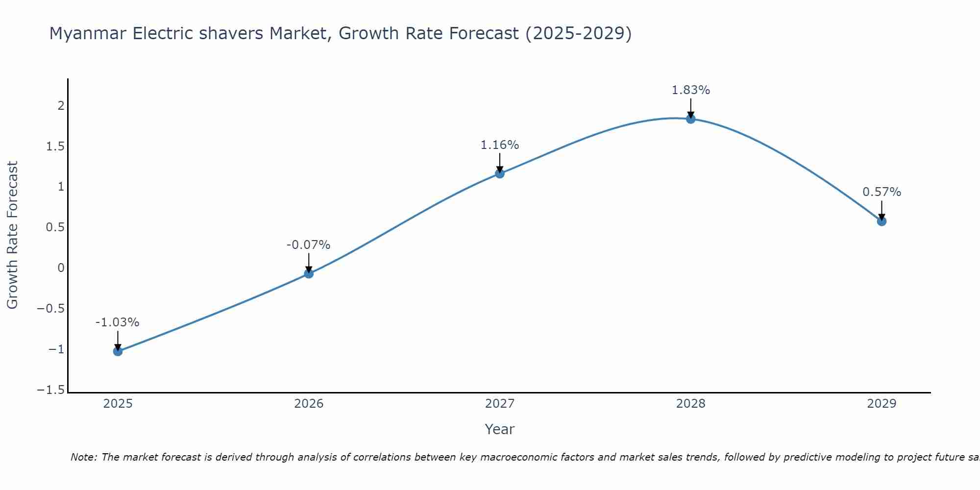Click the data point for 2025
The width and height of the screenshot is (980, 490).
[118, 351]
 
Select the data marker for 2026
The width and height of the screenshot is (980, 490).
[309, 273]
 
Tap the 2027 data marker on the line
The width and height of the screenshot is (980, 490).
[500, 173]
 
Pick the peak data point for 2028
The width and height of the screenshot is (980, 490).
[691, 119]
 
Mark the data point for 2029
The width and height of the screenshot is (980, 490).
[882, 221]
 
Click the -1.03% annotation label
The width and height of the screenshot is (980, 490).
[117, 322]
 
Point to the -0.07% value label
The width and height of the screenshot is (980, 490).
[308, 245]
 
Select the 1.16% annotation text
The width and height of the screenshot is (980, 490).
[499, 145]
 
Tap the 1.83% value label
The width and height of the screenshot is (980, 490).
[690, 90]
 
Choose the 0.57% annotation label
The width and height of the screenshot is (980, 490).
[882, 192]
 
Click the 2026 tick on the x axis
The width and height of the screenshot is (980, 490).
[309, 404]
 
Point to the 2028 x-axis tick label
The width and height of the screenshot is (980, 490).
[691, 404]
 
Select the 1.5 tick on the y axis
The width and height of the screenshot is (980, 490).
[55, 147]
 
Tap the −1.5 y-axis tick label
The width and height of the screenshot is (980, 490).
[51, 390]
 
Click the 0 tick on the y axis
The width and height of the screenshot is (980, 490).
[61, 268]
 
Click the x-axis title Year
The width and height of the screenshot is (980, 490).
[499, 429]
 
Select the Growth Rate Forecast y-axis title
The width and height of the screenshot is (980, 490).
[12, 235]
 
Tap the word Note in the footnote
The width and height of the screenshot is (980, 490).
[83, 457]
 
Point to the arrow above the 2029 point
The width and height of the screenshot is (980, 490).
[882, 210]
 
